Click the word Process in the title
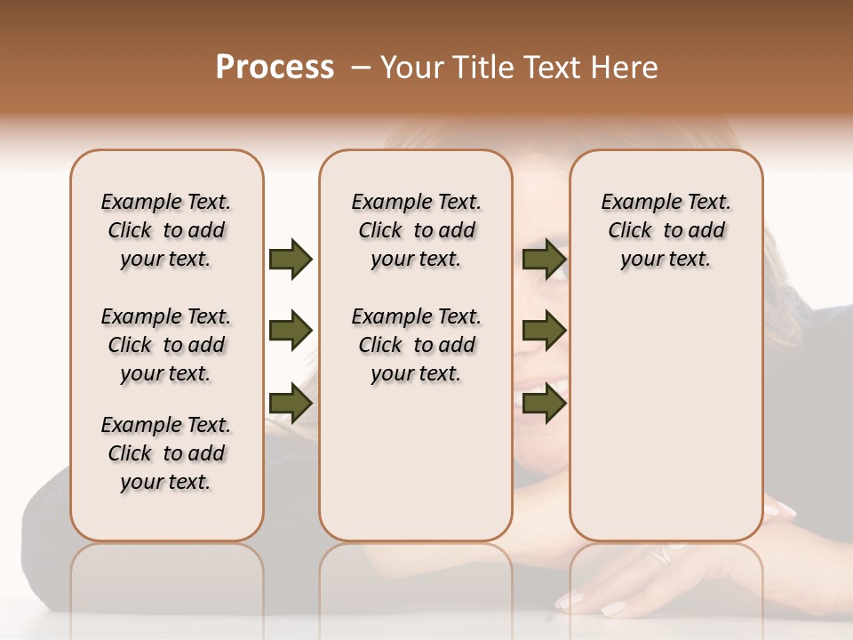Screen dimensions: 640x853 click(x=275, y=68)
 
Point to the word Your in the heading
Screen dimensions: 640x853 click(x=412, y=68)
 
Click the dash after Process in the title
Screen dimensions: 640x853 click(x=360, y=68)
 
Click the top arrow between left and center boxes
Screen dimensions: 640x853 click(x=291, y=259)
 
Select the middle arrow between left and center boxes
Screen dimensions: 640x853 click(x=291, y=331)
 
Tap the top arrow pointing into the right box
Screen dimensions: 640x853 click(x=544, y=259)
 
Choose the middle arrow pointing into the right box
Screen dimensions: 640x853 click(x=544, y=331)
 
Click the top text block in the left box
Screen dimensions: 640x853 click(x=166, y=230)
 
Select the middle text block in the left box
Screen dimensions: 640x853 click(x=166, y=345)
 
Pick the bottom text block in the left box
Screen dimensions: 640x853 click(x=166, y=453)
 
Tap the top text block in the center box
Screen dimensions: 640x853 click(x=416, y=230)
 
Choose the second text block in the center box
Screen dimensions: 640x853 click(x=416, y=345)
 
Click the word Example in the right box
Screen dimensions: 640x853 click(x=634, y=202)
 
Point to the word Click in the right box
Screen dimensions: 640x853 click(x=630, y=230)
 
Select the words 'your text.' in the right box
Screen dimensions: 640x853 click(x=666, y=259)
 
